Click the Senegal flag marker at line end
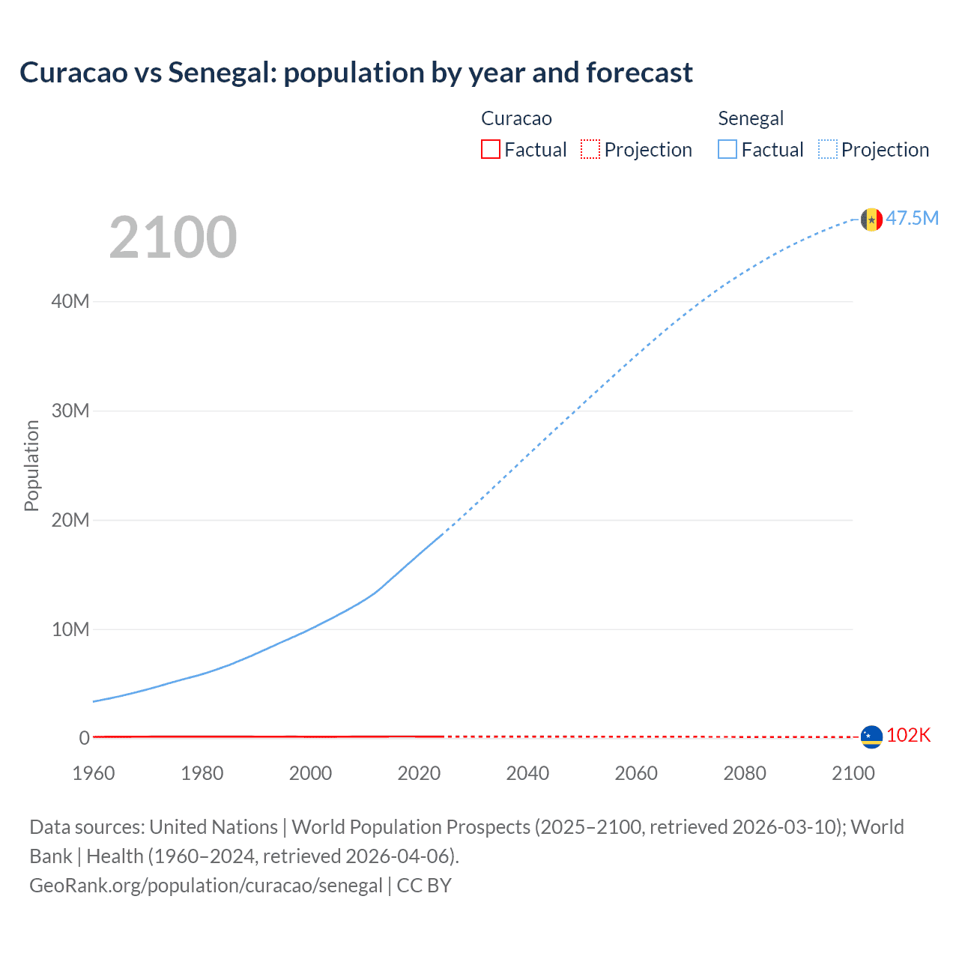[871, 220]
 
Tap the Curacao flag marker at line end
[871, 736]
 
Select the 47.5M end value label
[912, 218]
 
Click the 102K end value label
[908, 735]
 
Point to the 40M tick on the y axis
[70, 301]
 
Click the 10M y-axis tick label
[70, 629]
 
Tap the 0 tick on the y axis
[84, 738]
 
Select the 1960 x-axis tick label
[94, 773]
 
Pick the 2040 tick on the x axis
[527, 773]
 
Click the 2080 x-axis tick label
[745, 773]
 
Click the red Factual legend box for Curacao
[491, 150]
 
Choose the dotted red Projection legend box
[590, 150]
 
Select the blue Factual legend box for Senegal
[727, 150]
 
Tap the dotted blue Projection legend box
[828, 150]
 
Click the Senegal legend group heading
[751, 118]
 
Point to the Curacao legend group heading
[516, 118]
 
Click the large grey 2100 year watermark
[173, 238]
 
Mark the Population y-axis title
[31, 465]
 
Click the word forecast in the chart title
[639, 73]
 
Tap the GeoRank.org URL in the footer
[206, 886]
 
